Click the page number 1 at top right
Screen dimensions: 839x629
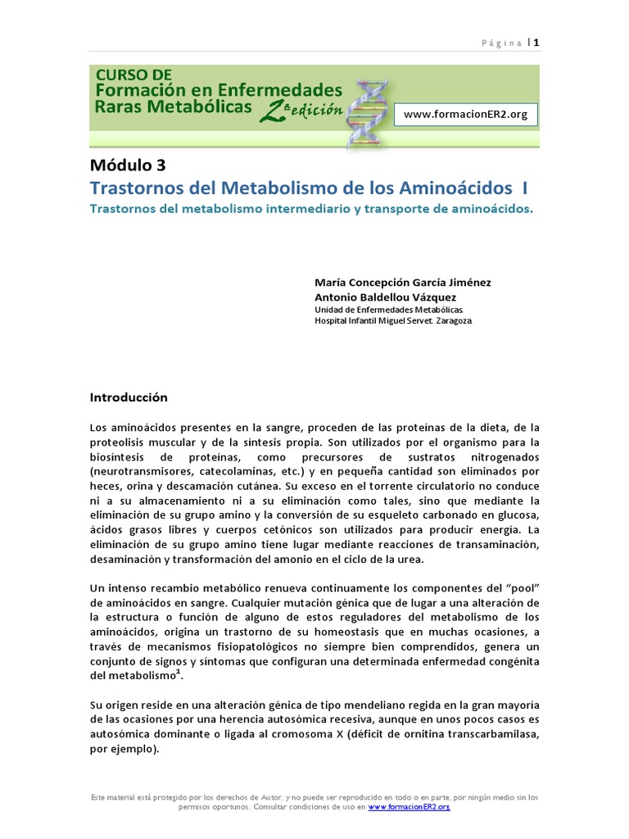pos(536,43)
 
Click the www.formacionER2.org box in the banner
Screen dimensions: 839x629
pos(465,114)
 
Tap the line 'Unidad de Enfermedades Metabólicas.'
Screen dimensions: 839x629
pos(389,310)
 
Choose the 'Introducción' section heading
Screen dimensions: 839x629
pos(128,397)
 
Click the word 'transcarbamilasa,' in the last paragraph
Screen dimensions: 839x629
pos(491,735)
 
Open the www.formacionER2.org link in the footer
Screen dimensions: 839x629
pos(410,807)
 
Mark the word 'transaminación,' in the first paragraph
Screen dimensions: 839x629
pos(498,545)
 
